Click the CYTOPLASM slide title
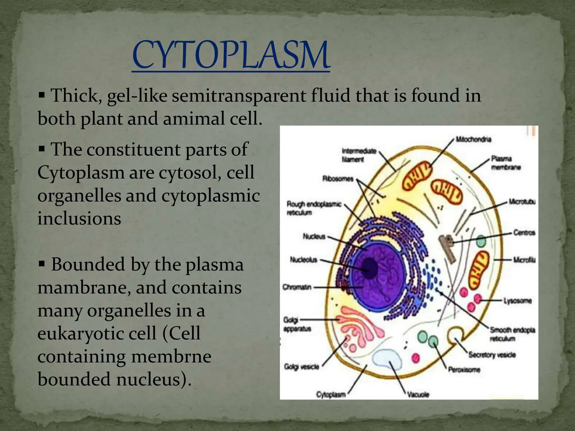[x=231, y=55]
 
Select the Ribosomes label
[x=338, y=179]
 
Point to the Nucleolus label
[x=304, y=260]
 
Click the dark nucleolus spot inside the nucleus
[x=370, y=268]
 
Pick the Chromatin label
[x=297, y=287]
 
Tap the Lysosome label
[x=517, y=301]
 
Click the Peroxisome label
[x=464, y=370]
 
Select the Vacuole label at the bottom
[x=418, y=395]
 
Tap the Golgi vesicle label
[x=302, y=366]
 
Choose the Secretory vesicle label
[x=492, y=355]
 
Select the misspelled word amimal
[x=194, y=119]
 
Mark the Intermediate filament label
[x=359, y=155]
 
